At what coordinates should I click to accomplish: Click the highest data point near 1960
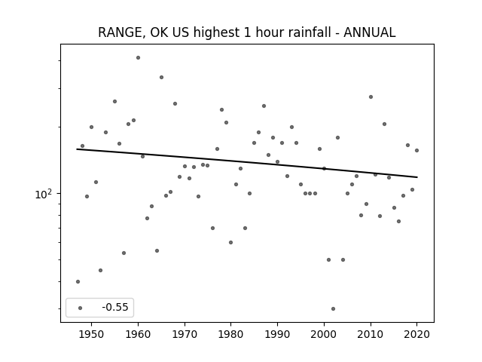pos(138,57)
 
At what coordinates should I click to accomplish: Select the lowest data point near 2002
pos(333,308)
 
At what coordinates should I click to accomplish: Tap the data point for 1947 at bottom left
pos(78,281)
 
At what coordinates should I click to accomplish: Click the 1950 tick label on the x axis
pos(91,334)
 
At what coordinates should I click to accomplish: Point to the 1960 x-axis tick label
pos(138,334)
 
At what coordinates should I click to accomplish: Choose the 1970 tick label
pos(185,334)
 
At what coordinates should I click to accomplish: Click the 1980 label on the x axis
pos(231,334)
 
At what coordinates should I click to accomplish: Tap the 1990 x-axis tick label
pos(278,334)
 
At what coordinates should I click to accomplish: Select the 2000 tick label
pos(324,334)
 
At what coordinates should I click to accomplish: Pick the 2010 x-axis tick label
pos(371,334)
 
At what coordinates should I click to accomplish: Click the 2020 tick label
pos(416,334)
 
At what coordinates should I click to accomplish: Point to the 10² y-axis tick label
pos(44,195)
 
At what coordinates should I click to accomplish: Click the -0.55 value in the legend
pos(115,307)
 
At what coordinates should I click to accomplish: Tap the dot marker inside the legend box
pos(81,308)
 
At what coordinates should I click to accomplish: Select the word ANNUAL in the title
pos(370,32)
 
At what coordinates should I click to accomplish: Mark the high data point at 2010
pos(371,97)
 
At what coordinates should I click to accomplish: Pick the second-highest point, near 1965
pos(161,77)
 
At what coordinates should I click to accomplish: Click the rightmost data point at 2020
pos(416,151)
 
